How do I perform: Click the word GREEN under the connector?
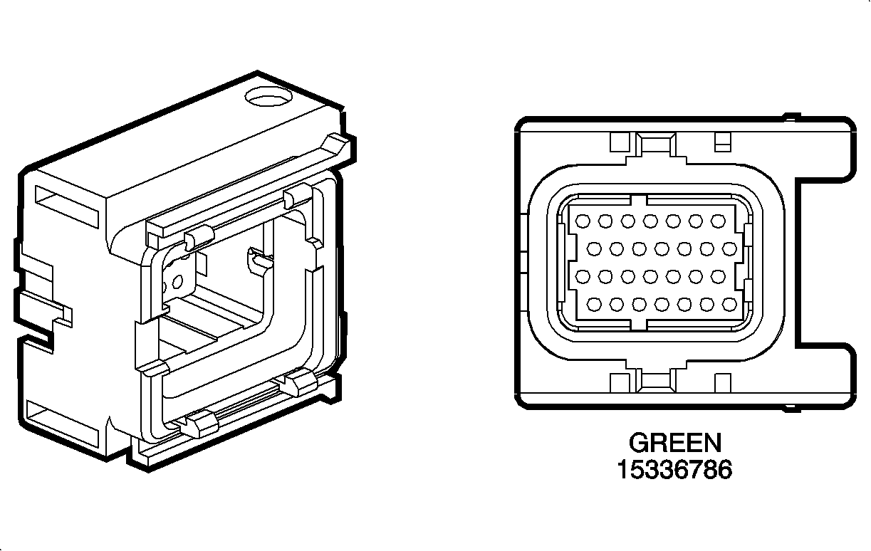coord(674,443)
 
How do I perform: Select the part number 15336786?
coord(674,470)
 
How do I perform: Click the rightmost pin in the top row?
coord(717,221)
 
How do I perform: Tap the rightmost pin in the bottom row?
coord(729,305)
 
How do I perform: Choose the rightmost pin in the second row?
coord(729,248)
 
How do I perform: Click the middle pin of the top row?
coord(650,221)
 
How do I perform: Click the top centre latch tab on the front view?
coord(655,145)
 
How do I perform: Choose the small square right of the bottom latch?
coord(722,383)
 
